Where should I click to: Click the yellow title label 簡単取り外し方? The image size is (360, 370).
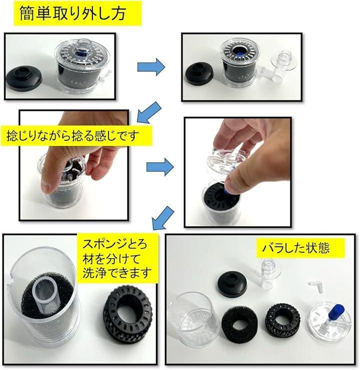point(77,13)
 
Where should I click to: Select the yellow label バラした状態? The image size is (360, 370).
point(300,248)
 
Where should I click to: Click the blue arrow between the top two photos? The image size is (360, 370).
point(151,67)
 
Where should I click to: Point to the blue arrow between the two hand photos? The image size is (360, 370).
point(160,167)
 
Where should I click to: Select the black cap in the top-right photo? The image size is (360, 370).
point(199,73)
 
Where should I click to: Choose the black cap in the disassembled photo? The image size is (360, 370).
point(232,284)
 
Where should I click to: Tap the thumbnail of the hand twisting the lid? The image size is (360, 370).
point(74,165)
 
